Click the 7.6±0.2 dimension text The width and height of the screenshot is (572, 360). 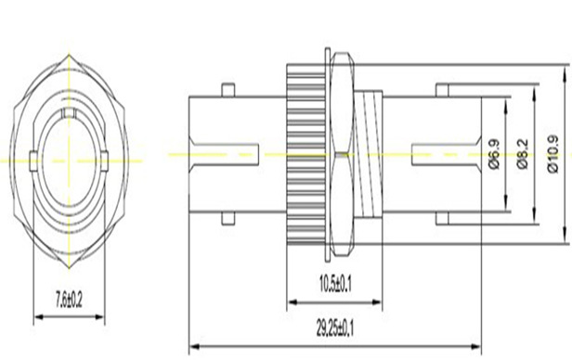[x=69, y=300]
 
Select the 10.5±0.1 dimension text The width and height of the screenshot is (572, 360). [x=335, y=284]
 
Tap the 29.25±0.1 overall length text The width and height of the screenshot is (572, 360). [x=335, y=328]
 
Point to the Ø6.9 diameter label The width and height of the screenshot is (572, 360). [x=494, y=154]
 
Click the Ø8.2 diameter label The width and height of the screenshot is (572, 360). [x=523, y=154]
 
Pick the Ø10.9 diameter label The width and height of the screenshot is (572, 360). [x=552, y=154]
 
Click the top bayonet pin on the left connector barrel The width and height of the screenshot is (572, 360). [x=228, y=90]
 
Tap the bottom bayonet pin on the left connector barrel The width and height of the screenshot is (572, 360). [x=228, y=219]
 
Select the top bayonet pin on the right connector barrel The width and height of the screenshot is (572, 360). [x=443, y=90]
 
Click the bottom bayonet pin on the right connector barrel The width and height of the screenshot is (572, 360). [x=443, y=219]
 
